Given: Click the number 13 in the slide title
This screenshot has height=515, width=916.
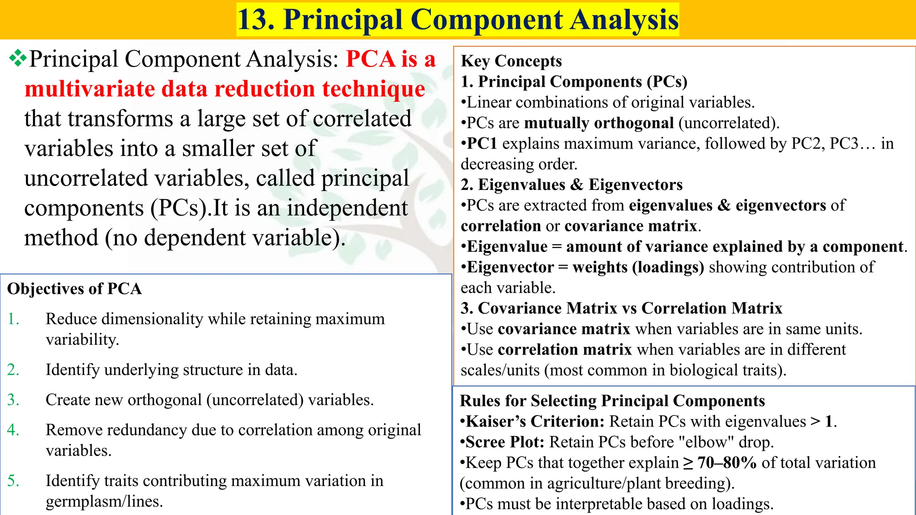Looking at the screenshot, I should (252, 20).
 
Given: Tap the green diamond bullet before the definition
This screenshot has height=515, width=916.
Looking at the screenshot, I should (17, 59).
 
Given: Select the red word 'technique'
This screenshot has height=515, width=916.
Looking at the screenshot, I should (373, 89).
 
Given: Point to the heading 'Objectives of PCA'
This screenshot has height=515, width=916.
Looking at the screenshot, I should (75, 289).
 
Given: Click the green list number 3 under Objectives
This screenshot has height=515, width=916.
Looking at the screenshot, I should (13, 400).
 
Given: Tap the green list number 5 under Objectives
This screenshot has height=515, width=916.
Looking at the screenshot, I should (13, 481).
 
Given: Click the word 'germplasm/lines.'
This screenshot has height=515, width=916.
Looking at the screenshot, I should (104, 502).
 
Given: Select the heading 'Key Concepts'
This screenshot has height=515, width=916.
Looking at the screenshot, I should (511, 61).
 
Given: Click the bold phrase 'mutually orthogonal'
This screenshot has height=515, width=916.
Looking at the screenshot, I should (599, 123).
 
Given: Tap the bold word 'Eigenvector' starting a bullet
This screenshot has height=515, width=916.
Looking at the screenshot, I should (510, 267).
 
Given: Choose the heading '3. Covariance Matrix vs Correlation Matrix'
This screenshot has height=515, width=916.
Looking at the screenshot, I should (621, 308).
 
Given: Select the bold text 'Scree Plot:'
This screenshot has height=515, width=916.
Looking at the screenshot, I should (505, 442).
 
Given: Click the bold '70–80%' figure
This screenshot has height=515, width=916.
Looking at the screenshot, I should (727, 463).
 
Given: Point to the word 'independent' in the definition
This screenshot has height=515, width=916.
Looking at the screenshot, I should (347, 208).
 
